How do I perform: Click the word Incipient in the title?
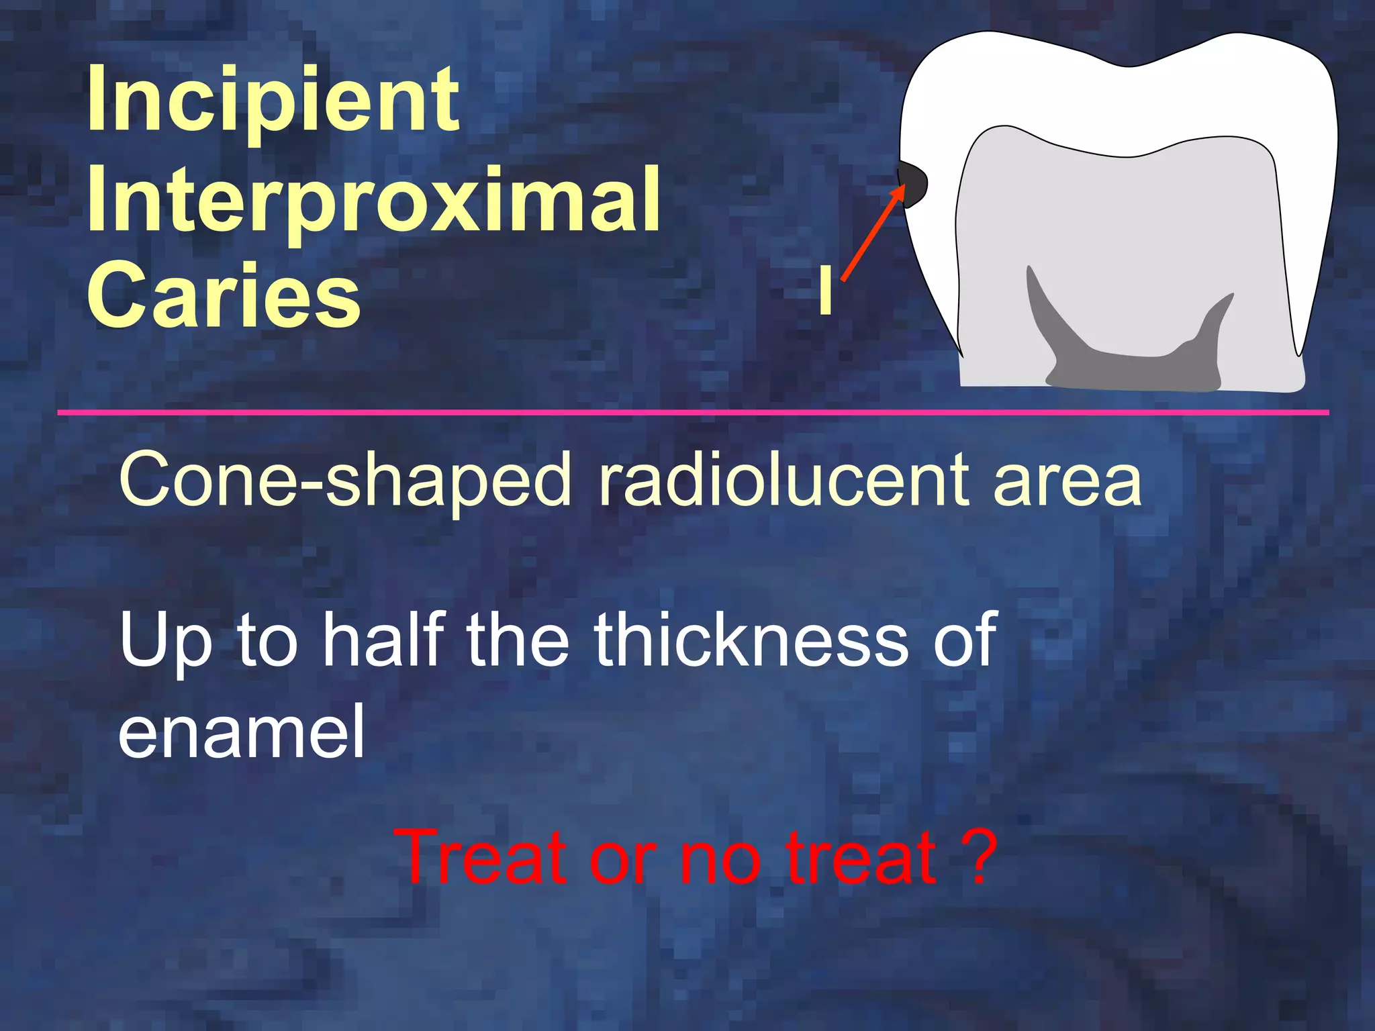[273, 101]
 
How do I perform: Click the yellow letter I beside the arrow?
[825, 290]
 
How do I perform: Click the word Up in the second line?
[165, 641]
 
